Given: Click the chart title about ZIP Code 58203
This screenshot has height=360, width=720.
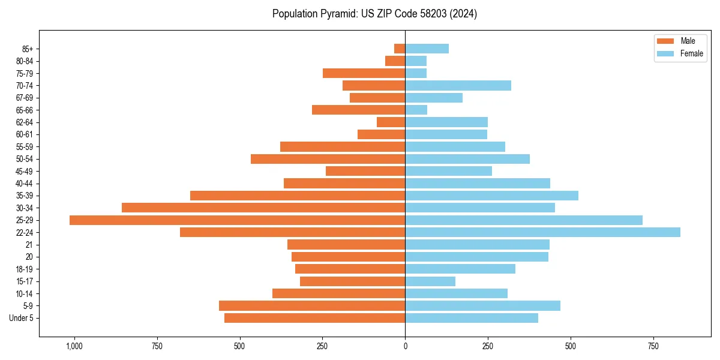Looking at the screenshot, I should coord(374,14).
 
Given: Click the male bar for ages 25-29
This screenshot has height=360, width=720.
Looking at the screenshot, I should coord(237,220).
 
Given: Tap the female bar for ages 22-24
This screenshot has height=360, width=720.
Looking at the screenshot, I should coord(542,232).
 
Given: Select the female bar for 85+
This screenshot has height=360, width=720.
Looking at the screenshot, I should coord(427,49).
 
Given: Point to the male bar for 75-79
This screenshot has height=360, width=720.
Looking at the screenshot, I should coord(364,73).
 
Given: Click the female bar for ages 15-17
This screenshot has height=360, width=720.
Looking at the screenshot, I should coord(430,281).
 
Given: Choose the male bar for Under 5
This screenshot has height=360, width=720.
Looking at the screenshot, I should coord(314,318).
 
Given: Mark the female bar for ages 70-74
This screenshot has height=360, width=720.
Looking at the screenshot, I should coord(458,86).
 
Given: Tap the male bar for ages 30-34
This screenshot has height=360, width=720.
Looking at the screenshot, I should coord(263,208).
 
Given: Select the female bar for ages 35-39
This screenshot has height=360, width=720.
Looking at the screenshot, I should coord(491,196).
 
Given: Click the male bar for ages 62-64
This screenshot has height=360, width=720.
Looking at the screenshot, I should coord(391,122).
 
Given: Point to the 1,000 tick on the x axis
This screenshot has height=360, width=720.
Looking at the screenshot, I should coord(74,346).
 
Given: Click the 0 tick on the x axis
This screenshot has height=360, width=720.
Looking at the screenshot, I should coord(405,346).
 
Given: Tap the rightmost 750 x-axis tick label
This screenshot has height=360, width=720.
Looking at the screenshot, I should coord(653,346).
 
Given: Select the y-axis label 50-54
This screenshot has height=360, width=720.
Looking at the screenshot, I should coord(25,159).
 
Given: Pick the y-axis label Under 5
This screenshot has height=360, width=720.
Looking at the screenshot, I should coord(21,318).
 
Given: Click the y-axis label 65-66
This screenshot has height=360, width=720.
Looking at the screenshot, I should coord(25,110).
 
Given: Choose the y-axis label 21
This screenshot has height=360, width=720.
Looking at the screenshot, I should coord(29,245).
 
